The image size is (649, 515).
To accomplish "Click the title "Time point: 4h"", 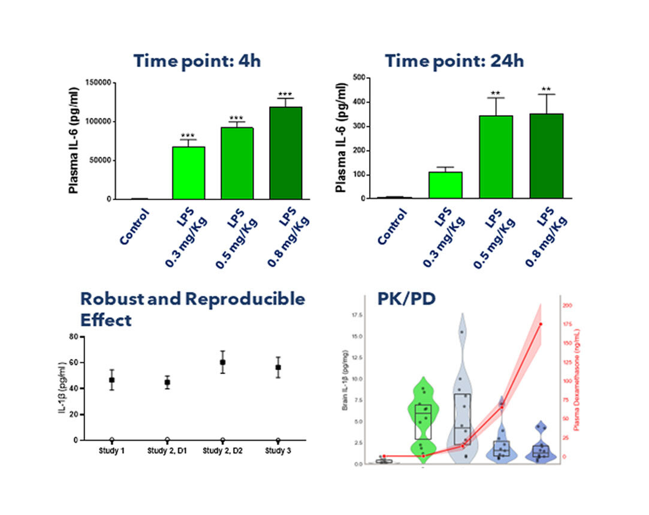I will coord(197,61).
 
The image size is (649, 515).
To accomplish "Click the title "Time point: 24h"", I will coord(454,61).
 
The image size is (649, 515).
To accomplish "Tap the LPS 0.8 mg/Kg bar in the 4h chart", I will coord(286,153).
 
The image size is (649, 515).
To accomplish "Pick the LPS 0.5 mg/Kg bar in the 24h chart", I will coord(496,156).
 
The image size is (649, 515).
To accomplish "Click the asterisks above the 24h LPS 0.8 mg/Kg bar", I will coord(547,90).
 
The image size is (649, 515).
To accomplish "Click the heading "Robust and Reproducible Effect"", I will coord(192,309).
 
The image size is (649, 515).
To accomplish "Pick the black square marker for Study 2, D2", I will coord(223,362).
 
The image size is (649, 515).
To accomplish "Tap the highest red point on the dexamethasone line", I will coord(541,324).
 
